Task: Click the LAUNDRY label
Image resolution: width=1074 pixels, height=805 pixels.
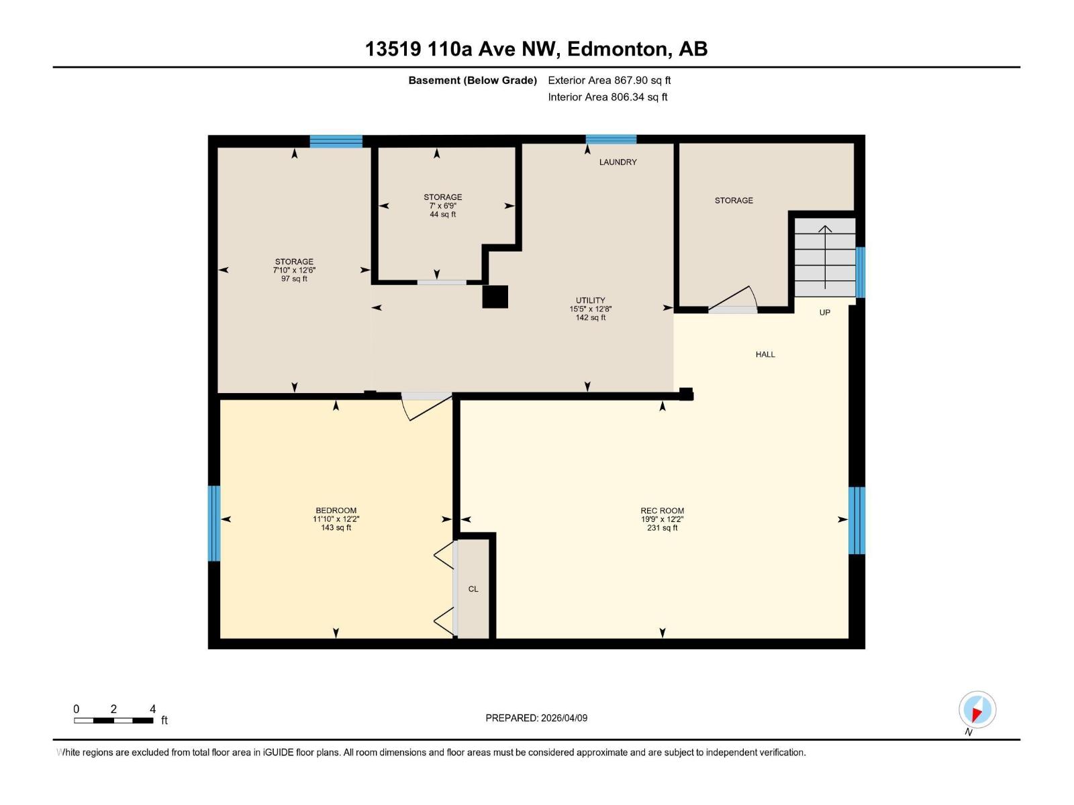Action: [x=618, y=162]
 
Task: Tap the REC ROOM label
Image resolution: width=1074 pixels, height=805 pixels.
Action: [x=662, y=511]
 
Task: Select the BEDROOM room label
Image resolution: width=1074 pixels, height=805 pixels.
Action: [x=336, y=511]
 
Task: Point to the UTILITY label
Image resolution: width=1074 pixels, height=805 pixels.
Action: [x=590, y=301]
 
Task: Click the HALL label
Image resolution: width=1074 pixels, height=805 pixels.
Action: [x=765, y=355]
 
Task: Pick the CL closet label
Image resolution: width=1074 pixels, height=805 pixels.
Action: [x=473, y=590]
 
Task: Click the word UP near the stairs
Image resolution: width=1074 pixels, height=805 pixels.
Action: [x=824, y=313]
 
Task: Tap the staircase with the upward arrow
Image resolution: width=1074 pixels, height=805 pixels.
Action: [x=824, y=258]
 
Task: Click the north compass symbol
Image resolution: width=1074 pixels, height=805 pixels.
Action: [x=977, y=710]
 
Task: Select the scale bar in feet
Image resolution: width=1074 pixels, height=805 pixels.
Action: [x=113, y=720]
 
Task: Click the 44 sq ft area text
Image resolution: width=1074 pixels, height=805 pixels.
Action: [x=443, y=215]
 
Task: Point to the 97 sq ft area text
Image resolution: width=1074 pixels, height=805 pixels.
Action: [x=294, y=279]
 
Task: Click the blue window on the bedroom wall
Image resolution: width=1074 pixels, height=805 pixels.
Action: [x=214, y=523]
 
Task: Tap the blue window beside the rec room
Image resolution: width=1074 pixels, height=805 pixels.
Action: [x=857, y=521]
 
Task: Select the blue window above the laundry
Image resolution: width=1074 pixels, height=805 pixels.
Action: [x=611, y=140]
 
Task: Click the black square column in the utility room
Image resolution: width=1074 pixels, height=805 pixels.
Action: [x=495, y=297]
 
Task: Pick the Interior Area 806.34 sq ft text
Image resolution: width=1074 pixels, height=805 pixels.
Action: [x=607, y=97]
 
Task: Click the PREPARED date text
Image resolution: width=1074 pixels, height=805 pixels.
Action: [x=536, y=718]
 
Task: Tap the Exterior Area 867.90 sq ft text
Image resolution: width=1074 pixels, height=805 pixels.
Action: [x=609, y=80]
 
